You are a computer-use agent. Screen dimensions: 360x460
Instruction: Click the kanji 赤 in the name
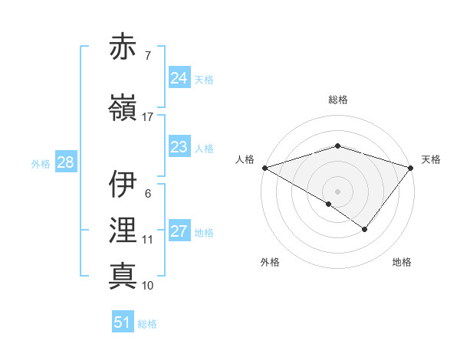[x=123, y=47]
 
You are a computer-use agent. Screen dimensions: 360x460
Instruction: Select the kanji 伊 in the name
[x=123, y=184]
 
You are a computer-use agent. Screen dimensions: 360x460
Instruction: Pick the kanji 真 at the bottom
[x=123, y=276]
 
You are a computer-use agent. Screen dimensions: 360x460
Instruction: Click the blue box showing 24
[x=179, y=78]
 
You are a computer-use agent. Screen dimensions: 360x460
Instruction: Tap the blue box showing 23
[x=179, y=148]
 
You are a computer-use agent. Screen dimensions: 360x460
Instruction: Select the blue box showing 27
[x=179, y=232]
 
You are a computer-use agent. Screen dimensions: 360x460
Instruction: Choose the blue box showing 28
[x=65, y=162]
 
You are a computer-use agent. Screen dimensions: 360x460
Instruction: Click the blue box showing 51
[x=123, y=322]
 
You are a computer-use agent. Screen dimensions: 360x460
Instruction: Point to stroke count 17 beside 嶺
[x=147, y=117]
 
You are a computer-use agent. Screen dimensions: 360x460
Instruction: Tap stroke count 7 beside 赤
[x=147, y=56]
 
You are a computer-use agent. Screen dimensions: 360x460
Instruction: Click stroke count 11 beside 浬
[x=147, y=240]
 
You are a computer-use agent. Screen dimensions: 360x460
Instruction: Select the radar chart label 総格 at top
[x=338, y=100]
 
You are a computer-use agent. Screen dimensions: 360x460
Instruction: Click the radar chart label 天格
[x=432, y=159]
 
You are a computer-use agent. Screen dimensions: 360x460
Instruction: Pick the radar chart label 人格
[x=245, y=159]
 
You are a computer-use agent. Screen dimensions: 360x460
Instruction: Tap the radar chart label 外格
[x=270, y=263]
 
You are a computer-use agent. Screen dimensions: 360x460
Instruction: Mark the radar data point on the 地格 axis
[x=365, y=229]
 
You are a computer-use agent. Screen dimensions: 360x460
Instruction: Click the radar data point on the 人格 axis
[x=264, y=168]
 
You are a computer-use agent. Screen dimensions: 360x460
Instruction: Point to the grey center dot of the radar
[x=337, y=191]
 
